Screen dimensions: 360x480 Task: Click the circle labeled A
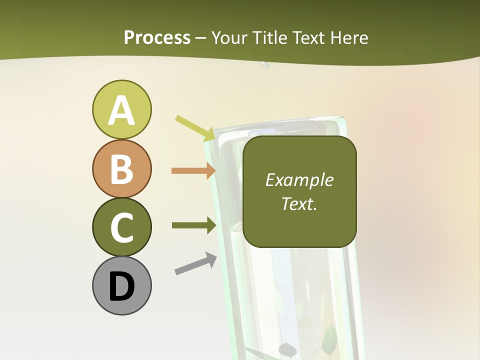point(121,109)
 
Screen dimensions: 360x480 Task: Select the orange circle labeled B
point(121,168)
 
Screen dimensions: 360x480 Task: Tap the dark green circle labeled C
point(121,227)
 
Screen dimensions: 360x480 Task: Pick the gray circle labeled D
point(121,286)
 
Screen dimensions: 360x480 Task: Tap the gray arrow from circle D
point(195,264)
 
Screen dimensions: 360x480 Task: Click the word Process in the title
point(157,37)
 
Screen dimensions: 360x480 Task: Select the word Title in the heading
point(268,37)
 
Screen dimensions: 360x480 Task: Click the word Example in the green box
point(299,180)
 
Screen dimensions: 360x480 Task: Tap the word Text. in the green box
point(299,203)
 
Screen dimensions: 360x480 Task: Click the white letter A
point(121,110)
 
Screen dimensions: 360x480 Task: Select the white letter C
point(121,228)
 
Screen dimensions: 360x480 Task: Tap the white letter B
point(121,169)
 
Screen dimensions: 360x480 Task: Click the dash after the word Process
point(201,38)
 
